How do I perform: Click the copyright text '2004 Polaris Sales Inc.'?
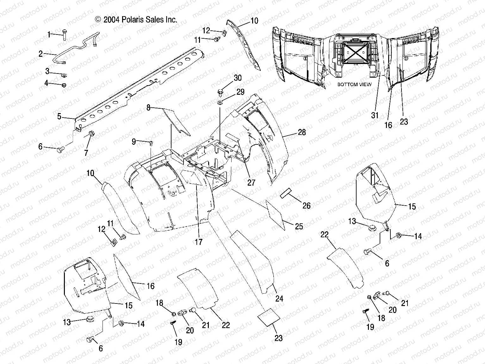click(136, 20)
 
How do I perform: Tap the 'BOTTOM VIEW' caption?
click(352, 85)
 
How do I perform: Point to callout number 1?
click(49, 35)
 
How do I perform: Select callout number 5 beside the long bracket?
click(59, 116)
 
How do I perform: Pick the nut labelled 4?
click(63, 85)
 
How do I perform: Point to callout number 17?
click(198, 242)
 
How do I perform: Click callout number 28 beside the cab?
click(302, 132)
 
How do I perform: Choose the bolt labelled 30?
click(221, 93)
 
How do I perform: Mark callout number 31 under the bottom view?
click(375, 115)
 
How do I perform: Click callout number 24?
click(279, 298)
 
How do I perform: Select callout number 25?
click(299, 226)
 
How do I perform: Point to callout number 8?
click(148, 108)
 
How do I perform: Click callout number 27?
click(251, 182)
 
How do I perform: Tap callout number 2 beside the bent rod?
click(40, 54)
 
